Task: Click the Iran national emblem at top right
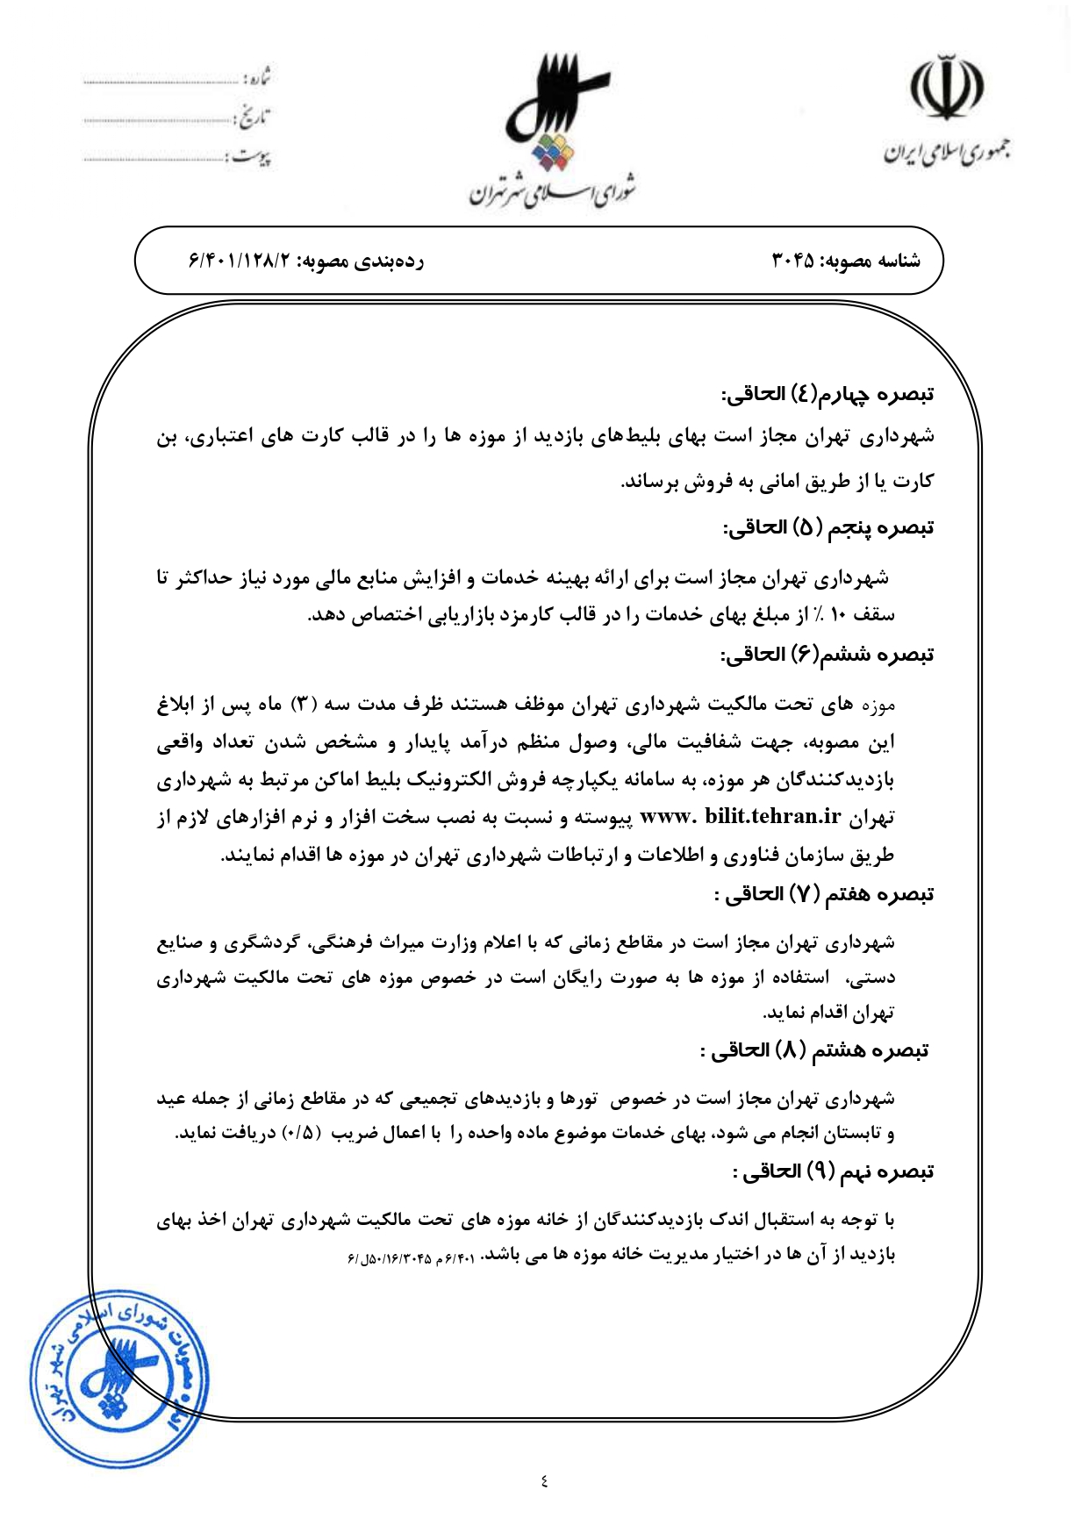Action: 945,88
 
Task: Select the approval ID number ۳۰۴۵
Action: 792,261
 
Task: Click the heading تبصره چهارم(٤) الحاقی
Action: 827,394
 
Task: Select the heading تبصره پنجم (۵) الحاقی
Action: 827,527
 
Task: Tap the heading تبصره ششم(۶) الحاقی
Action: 827,655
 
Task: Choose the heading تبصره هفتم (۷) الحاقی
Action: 824,894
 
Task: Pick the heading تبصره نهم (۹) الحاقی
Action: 833,1171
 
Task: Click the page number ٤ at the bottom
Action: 544,1481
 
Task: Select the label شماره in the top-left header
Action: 255,79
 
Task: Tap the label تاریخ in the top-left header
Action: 254,118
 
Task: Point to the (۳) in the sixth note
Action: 303,704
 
